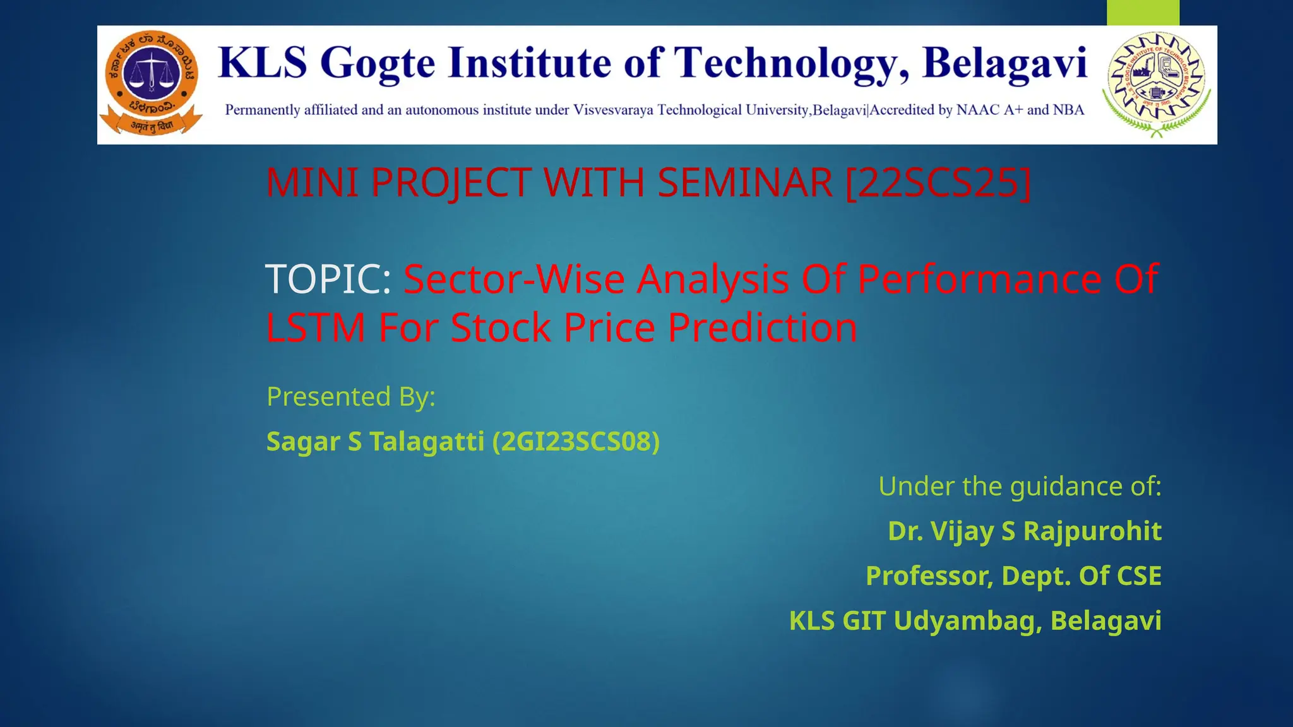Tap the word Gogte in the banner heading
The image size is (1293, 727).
pyautogui.click(x=378, y=64)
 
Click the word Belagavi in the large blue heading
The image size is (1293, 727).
pyautogui.click(x=1004, y=64)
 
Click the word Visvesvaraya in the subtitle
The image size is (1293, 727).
pyautogui.click(x=613, y=110)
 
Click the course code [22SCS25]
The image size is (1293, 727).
pyautogui.click(x=938, y=182)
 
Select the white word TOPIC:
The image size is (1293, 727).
pyautogui.click(x=328, y=279)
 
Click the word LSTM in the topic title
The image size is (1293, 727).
pyautogui.click(x=316, y=328)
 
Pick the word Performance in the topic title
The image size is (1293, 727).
pyautogui.click(x=979, y=279)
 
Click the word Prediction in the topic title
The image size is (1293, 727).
pyautogui.click(x=763, y=328)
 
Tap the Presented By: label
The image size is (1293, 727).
pyautogui.click(x=351, y=397)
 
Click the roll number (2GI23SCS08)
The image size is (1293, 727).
pyautogui.click(x=576, y=441)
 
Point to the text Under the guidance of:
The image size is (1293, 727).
pyautogui.click(x=1020, y=487)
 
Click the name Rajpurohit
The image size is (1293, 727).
pyautogui.click(x=1092, y=531)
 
